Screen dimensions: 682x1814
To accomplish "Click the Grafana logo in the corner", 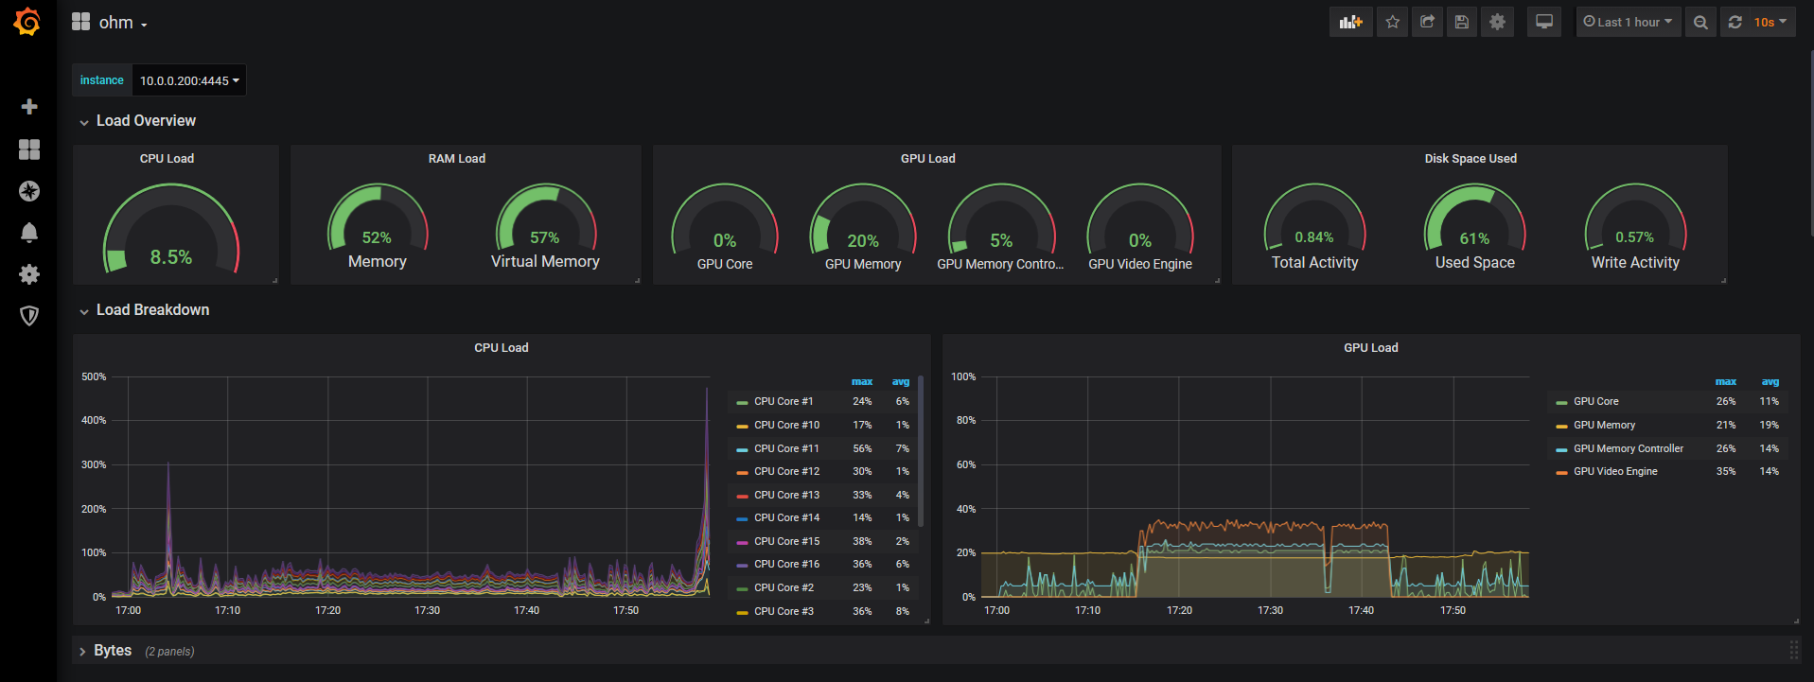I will point(27,22).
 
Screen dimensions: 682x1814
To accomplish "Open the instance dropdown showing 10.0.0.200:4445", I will point(188,80).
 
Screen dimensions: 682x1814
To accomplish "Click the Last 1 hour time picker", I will point(1628,22).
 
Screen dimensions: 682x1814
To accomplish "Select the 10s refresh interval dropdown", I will point(1769,22).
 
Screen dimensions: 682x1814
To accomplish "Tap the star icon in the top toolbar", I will point(1392,22).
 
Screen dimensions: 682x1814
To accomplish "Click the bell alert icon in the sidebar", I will point(29,233).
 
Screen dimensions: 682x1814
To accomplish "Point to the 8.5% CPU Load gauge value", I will point(171,257).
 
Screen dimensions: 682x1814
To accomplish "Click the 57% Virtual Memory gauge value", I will point(544,237).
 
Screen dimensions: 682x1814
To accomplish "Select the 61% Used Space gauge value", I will point(1474,238).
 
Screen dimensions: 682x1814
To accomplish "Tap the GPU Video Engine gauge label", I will point(1140,264).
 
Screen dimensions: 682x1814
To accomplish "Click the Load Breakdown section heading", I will point(152,310).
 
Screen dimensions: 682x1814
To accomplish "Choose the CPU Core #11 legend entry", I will point(786,448).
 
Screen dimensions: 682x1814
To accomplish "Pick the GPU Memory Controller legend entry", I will point(1628,448).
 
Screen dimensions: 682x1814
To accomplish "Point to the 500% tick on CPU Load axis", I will point(94,376).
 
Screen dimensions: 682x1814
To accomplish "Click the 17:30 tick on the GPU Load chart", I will point(1270,610).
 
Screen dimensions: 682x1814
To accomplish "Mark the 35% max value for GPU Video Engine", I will point(1726,471).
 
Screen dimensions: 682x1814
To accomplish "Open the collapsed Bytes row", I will point(113,651).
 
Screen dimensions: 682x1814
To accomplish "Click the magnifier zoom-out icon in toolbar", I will point(1700,22).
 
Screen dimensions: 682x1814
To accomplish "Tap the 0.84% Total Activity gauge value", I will point(1314,237).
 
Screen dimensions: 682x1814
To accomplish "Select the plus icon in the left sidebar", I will point(29,107).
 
